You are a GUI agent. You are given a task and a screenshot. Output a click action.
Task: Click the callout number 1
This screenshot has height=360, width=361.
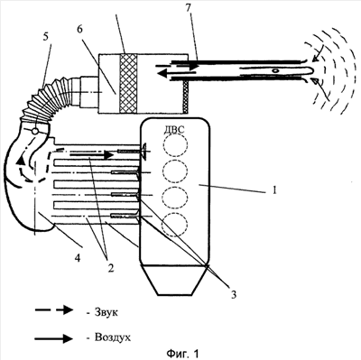273,190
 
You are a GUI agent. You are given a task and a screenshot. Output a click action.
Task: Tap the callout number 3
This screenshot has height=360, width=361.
234,294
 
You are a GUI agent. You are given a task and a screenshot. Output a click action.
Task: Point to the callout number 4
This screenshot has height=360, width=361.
79,258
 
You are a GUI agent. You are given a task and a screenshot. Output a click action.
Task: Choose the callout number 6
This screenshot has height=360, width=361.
79,30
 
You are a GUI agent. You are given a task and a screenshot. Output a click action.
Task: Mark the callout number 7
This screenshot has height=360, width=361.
189,8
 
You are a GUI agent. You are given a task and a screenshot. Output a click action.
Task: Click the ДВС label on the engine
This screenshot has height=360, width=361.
173,130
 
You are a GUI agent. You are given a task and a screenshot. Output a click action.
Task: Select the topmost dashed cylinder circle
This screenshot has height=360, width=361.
175,144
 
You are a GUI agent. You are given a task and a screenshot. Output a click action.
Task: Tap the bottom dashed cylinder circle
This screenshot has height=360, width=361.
174,225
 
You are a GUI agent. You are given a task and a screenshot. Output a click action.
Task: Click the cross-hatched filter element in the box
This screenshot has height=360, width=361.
128,84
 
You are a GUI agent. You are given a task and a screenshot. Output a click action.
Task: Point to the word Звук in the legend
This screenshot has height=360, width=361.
106,312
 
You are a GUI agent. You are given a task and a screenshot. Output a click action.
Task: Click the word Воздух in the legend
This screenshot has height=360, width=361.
113,337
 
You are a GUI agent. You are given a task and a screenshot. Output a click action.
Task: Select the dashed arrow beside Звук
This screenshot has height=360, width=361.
54,310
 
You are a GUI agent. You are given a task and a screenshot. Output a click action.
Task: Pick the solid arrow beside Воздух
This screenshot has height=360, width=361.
53,338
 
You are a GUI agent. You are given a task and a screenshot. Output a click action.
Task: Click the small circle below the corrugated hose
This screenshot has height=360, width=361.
34,132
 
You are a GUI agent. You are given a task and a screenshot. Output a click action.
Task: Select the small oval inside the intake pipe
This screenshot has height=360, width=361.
274,71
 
